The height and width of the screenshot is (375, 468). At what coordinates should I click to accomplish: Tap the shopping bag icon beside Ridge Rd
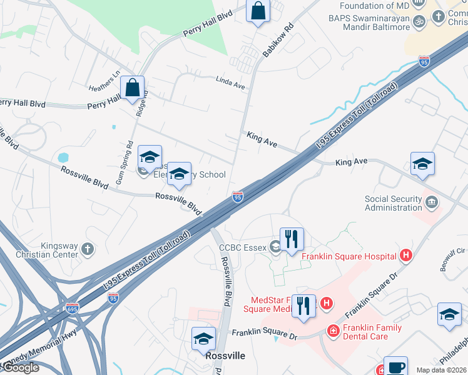(x=133, y=88)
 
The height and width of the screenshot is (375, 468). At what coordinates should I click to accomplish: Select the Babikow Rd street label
(x=278, y=41)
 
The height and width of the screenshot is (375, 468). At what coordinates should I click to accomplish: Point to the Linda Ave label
(x=230, y=81)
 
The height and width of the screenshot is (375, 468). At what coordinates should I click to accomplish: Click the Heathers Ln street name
(x=104, y=74)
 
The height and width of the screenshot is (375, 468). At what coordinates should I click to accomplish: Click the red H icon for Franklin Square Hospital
(x=406, y=255)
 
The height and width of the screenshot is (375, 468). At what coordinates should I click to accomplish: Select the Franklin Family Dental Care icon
(x=333, y=330)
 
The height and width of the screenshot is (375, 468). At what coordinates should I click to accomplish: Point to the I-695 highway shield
(x=72, y=308)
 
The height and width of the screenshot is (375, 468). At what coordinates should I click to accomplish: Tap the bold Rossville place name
(x=225, y=356)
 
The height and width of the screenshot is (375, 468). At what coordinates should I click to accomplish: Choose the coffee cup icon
(x=395, y=367)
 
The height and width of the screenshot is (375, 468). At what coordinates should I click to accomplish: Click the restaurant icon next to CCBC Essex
(x=292, y=239)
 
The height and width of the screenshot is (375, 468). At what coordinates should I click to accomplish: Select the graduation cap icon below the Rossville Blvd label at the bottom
(x=203, y=339)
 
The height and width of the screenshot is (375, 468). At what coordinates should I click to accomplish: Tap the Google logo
(x=20, y=367)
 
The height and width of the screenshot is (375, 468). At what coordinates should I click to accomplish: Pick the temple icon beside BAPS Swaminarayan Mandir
(x=419, y=20)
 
